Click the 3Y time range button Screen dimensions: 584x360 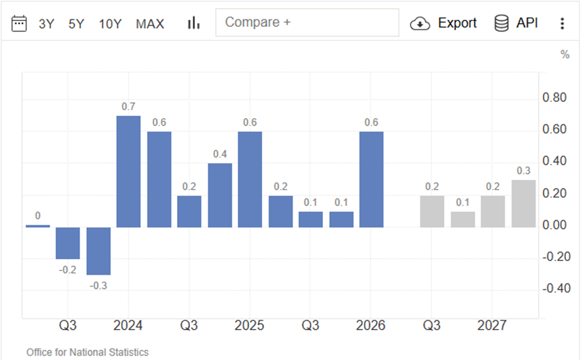[x=47, y=24]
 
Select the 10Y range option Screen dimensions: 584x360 [x=110, y=24]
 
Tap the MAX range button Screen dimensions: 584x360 [x=150, y=24]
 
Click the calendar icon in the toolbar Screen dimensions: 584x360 [x=19, y=24]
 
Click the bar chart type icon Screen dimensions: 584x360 [x=194, y=23]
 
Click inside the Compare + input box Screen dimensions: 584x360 [x=308, y=22]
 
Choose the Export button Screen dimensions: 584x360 [x=443, y=23]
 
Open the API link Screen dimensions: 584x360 [x=516, y=23]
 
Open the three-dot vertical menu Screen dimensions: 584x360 [x=562, y=24]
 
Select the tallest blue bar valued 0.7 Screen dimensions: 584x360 [x=129, y=172]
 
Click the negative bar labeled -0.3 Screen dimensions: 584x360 [x=98, y=251]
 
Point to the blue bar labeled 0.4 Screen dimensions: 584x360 [x=220, y=195]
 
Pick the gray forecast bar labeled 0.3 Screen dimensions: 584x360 [x=524, y=203]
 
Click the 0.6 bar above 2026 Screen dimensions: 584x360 [x=372, y=179]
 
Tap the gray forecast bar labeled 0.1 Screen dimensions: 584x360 [x=463, y=219]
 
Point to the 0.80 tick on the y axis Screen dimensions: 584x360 [x=554, y=98]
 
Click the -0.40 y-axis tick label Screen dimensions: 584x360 [x=556, y=288]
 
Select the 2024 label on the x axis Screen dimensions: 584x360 [x=128, y=325]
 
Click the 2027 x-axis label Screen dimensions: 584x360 [x=491, y=325]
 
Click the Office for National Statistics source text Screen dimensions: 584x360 [x=88, y=352]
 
